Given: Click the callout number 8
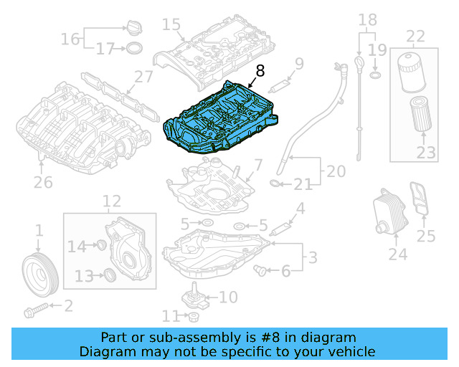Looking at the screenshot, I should [259, 70].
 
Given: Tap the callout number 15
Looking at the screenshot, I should [171, 25].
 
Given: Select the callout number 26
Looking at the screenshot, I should [43, 182].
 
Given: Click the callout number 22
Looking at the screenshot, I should [416, 35].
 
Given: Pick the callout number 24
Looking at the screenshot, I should [397, 254].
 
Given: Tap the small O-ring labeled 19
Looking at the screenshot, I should [375, 75].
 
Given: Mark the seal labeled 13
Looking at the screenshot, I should [109, 275].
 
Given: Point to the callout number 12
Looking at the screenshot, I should [112, 201].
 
